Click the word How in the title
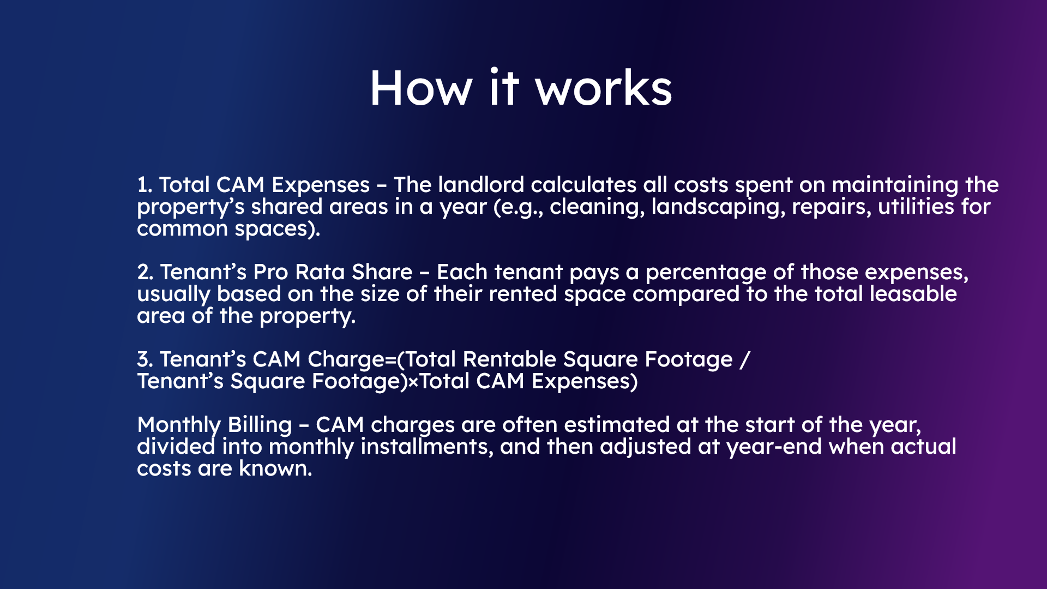[420, 88]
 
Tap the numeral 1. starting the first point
[145, 185]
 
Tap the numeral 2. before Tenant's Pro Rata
[145, 272]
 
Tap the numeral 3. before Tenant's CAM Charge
[145, 359]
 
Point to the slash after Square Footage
[745, 360]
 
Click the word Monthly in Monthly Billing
[179, 425]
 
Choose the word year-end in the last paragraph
[774, 447]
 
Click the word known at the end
[275, 468]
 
